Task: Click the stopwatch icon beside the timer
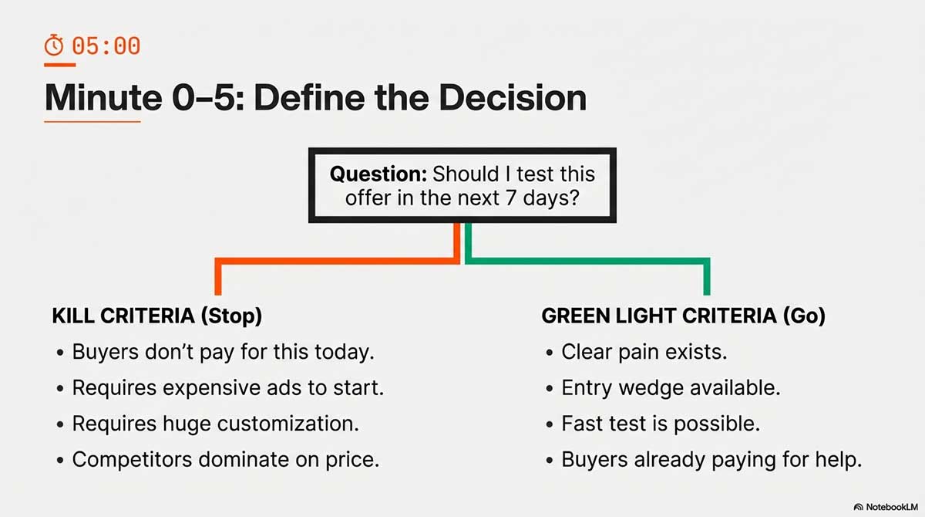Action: click(x=54, y=45)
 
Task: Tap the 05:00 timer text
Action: click(x=106, y=46)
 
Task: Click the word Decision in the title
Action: click(x=513, y=97)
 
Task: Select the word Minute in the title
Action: click(x=103, y=97)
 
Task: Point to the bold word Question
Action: click(x=378, y=174)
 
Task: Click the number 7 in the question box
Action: click(x=511, y=198)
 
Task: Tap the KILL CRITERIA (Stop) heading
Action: click(x=157, y=316)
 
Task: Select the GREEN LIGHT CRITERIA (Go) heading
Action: click(x=684, y=316)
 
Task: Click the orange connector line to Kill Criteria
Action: click(x=337, y=261)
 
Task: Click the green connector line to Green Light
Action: click(x=587, y=261)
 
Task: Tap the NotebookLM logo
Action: click(x=886, y=507)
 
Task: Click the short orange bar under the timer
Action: click(x=60, y=65)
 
